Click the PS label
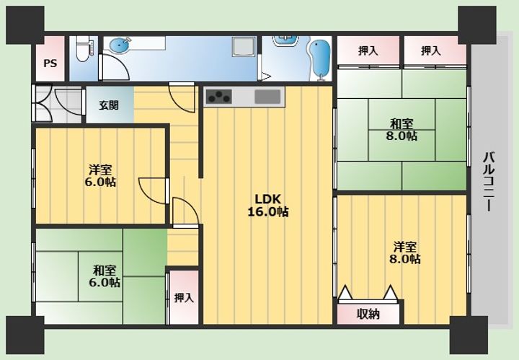point(50,63)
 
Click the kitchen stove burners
point(218,97)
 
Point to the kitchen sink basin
point(267,97)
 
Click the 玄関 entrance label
point(109,105)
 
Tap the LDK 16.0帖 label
point(267,206)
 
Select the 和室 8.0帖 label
point(402,130)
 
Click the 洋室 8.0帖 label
point(405,253)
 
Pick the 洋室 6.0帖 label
point(100,176)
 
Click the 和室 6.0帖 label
point(105,276)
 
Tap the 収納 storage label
point(368,314)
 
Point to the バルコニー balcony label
point(489,182)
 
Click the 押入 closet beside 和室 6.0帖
point(184,297)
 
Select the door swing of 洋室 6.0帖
point(152,191)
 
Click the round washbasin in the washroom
point(120,45)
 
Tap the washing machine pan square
point(244,46)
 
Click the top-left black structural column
point(25,25)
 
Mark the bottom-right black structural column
point(469,335)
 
